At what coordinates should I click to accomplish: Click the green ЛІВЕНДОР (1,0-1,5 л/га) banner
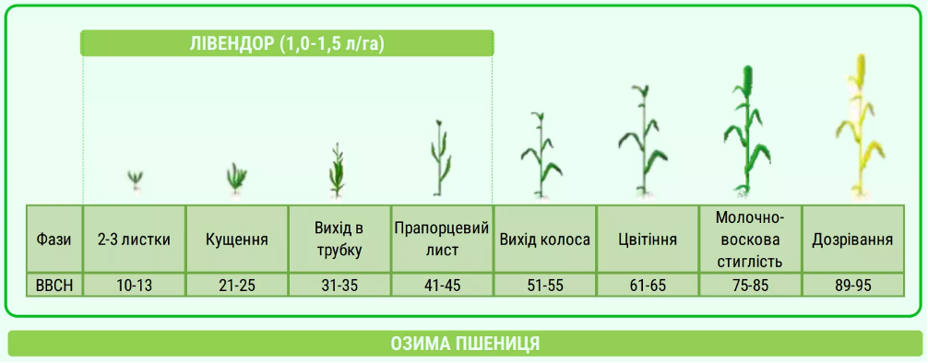point(286,43)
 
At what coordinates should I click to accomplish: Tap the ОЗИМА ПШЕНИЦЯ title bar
point(464,344)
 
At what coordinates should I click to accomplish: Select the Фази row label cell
point(54,240)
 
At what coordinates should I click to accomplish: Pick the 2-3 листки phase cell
point(135,240)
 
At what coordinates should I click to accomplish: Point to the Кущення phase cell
point(237,240)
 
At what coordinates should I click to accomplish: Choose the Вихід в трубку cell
point(339,240)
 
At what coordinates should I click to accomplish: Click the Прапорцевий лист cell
point(442,240)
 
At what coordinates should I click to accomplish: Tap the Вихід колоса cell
point(545,240)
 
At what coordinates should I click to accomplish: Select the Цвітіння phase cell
point(648,240)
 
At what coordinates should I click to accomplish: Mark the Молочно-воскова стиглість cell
point(750,240)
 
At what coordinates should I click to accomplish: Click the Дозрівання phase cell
point(852,240)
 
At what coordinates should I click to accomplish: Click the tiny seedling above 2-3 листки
point(136,178)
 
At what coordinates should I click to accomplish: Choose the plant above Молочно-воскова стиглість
point(749,134)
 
